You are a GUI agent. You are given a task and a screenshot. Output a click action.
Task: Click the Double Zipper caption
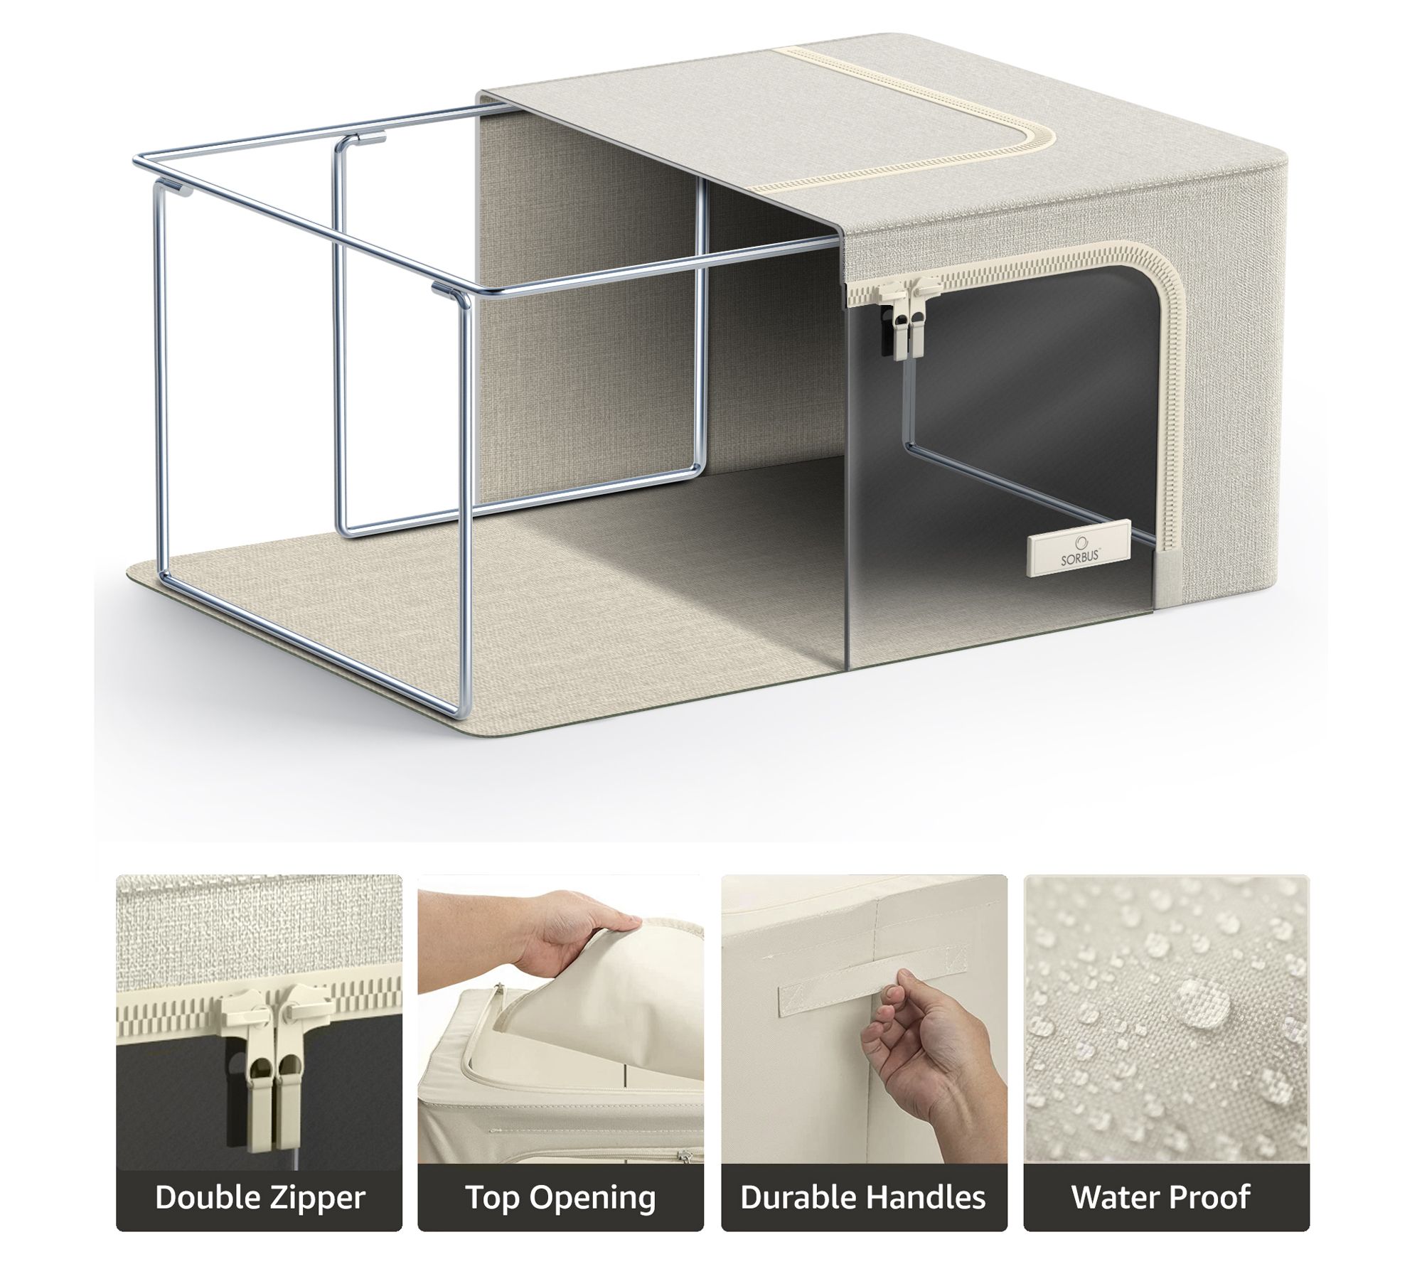260,1197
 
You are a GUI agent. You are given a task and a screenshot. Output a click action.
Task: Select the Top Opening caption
561,1197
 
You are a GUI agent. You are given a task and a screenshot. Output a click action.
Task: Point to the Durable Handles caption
863,1197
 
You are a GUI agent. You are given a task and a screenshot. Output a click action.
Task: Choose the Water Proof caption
1160,1197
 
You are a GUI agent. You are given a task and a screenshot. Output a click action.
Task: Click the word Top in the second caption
492,1198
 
